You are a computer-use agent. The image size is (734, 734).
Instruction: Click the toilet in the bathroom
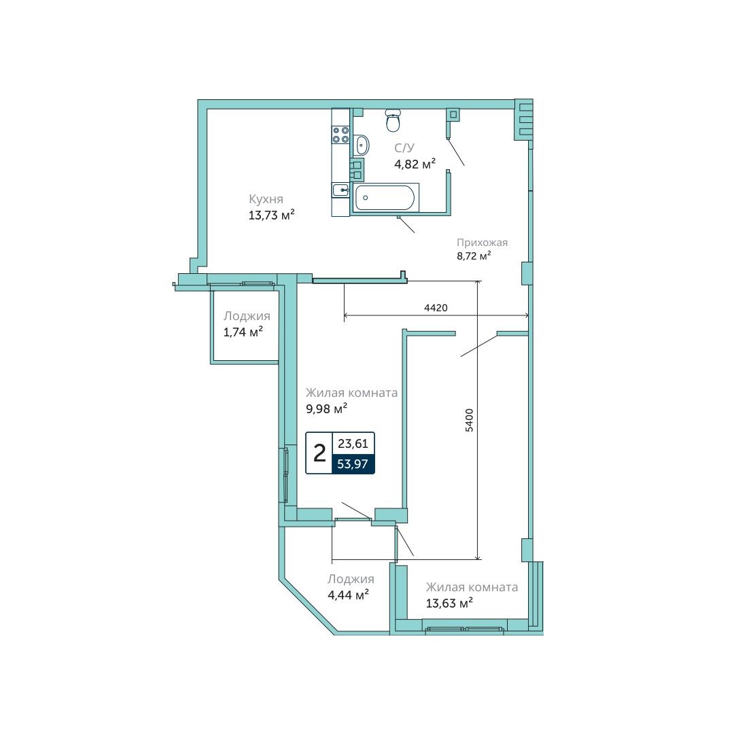393,120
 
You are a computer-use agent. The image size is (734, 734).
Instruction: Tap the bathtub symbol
384,198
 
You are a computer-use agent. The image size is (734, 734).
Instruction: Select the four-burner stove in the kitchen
340,135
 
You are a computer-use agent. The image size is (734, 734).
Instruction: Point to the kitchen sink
340,190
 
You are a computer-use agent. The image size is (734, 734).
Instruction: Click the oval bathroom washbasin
361,145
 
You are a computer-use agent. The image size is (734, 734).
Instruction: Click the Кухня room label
266,199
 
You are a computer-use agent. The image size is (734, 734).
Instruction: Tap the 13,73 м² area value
271,215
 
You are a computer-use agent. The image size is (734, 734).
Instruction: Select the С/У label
404,148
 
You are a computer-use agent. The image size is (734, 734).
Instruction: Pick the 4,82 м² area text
415,164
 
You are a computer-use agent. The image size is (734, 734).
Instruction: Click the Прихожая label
482,243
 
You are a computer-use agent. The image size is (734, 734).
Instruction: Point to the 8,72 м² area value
474,256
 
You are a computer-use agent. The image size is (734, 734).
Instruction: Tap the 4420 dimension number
436,308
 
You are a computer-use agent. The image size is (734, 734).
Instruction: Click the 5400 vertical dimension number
469,420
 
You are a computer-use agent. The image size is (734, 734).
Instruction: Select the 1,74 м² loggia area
243,332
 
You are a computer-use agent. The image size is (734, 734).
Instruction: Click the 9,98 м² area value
327,408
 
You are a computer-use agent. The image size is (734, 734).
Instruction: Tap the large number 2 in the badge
319,453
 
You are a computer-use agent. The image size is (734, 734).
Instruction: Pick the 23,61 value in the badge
353,443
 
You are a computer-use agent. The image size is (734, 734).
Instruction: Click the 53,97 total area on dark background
353,464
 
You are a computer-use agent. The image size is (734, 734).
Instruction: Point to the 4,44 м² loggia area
348,595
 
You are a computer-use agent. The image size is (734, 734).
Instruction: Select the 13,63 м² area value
449,603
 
